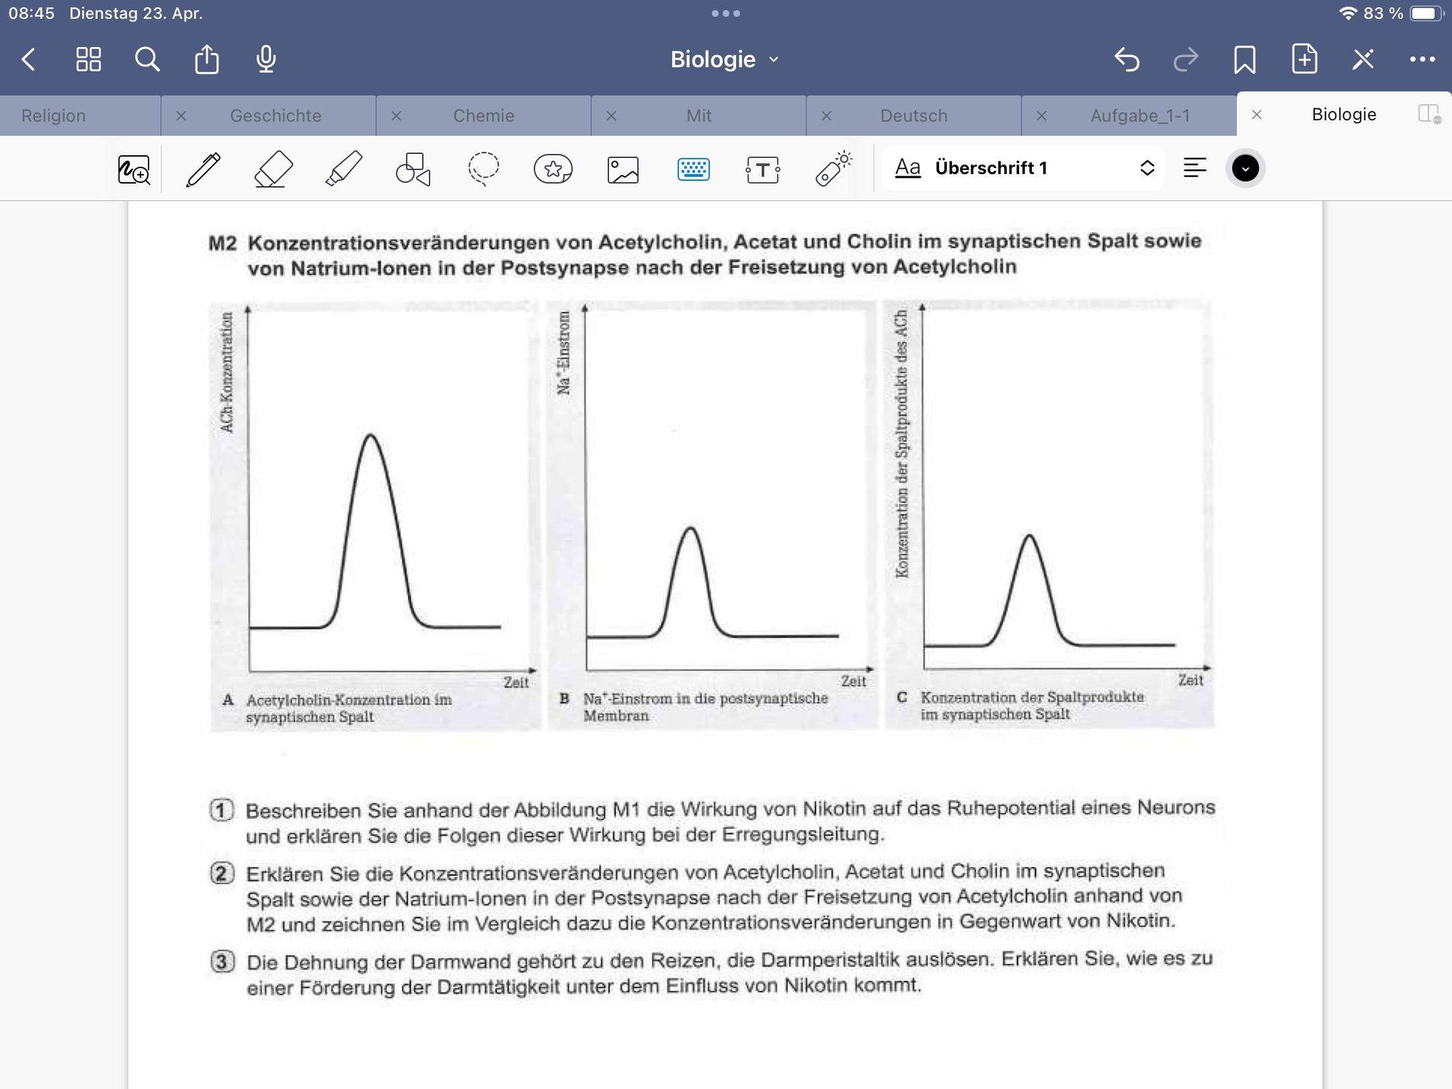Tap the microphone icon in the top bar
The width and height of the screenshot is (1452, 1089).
(266, 59)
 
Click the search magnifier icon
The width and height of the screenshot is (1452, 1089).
(147, 59)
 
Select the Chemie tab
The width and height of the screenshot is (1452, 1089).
(483, 116)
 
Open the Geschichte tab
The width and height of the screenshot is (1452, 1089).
(276, 116)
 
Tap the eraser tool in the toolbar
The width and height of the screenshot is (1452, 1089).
(274, 169)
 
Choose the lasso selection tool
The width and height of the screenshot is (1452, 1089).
(483, 169)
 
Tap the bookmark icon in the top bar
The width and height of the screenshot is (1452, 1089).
(1245, 59)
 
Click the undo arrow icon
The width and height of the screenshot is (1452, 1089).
(1127, 59)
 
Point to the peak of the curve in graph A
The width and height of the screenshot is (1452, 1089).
(370, 435)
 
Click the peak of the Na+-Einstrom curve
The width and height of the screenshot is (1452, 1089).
(690, 528)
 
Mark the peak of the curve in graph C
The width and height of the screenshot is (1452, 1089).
(1029, 535)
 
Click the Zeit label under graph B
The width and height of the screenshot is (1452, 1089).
(853, 681)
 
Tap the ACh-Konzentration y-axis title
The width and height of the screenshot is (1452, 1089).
(227, 372)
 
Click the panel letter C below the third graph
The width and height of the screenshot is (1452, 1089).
(902, 697)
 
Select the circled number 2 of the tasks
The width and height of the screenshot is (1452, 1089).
(223, 873)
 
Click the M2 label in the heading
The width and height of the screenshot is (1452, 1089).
(223, 243)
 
